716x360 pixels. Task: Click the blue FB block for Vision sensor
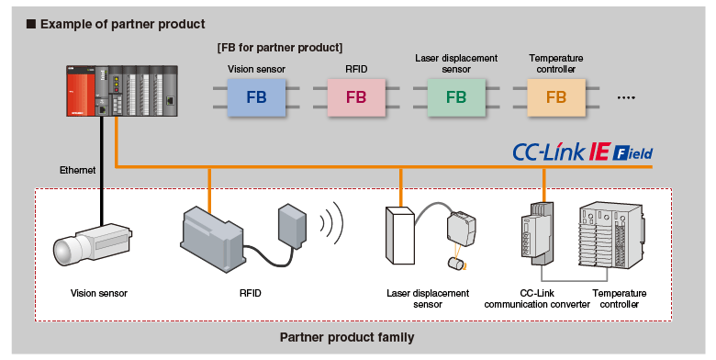click(x=257, y=96)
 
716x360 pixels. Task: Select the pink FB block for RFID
click(x=356, y=96)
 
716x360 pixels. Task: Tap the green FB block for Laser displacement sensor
click(x=456, y=96)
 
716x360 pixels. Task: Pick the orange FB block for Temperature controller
click(x=556, y=96)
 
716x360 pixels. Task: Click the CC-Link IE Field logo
click(x=583, y=152)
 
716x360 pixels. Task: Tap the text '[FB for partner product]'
click(x=280, y=47)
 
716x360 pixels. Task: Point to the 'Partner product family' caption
click(x=346, y=337)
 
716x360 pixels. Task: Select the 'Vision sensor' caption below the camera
click(x=99, y=294)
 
